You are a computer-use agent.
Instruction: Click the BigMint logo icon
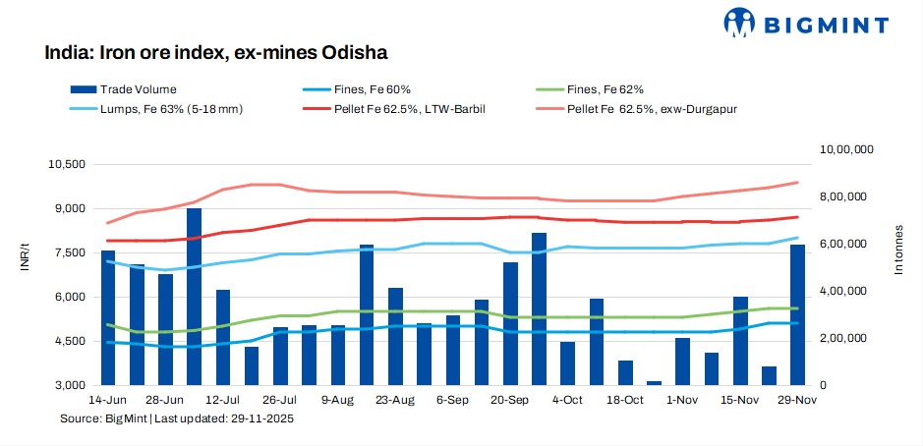tap(741, 22)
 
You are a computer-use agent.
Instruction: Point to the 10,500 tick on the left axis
tap(68, 164)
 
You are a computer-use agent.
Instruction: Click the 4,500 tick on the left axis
tap(71, 341)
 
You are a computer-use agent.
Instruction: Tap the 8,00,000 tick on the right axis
tap(845, 196)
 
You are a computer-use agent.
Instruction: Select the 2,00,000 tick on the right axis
tap(845, 338)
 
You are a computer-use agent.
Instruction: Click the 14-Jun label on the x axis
tap(108, 400)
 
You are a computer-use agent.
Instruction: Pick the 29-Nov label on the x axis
tap(797, 400)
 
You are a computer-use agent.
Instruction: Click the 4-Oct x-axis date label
tap(567, 400)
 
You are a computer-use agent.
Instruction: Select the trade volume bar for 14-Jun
tap(108, 317)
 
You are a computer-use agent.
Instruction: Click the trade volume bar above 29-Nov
tap(797, 314)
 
